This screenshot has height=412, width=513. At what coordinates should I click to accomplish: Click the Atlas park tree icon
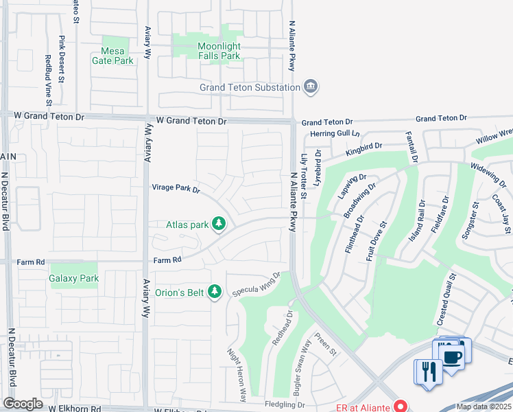point(219,224)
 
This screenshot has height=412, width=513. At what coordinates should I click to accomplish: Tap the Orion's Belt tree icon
point(215,293)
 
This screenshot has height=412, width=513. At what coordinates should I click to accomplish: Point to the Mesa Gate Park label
point(112,55)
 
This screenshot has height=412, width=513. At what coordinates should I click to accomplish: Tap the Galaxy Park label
point(73,278)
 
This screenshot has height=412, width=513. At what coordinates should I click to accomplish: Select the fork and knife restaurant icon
point(429,371)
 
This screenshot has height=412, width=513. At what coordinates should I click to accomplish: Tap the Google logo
point(23,404)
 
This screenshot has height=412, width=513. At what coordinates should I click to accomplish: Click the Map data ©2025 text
point(484,407)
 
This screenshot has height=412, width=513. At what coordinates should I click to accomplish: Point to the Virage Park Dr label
point(176,187)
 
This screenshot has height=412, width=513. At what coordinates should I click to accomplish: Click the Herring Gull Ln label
point(335,133)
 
